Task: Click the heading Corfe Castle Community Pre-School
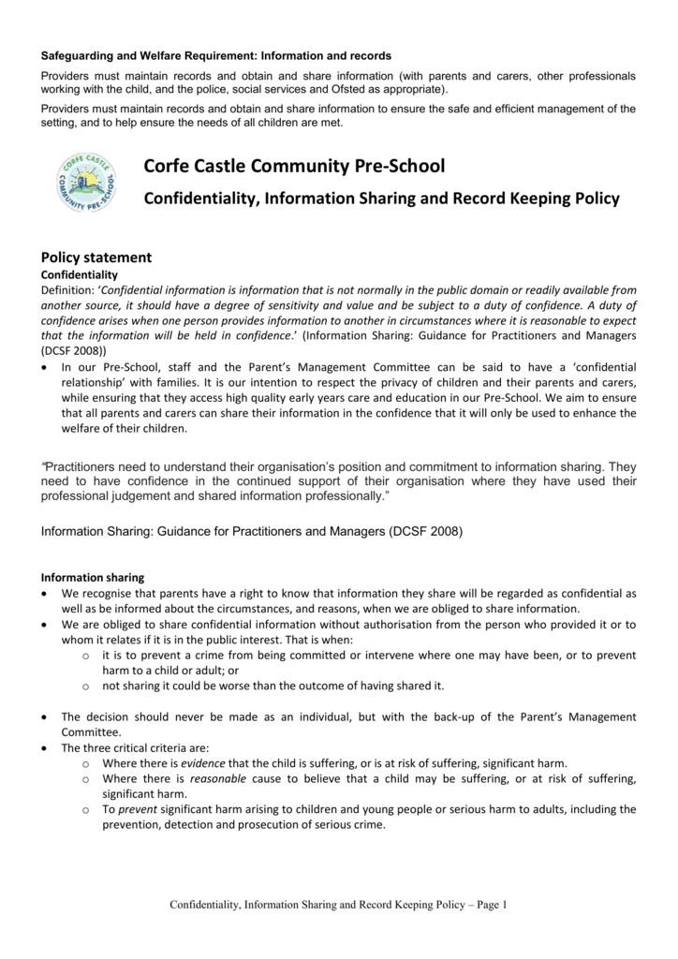(x=294, y=167)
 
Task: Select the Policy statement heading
(x=97, y=258)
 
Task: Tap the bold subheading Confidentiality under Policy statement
(x=80, y=274)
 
